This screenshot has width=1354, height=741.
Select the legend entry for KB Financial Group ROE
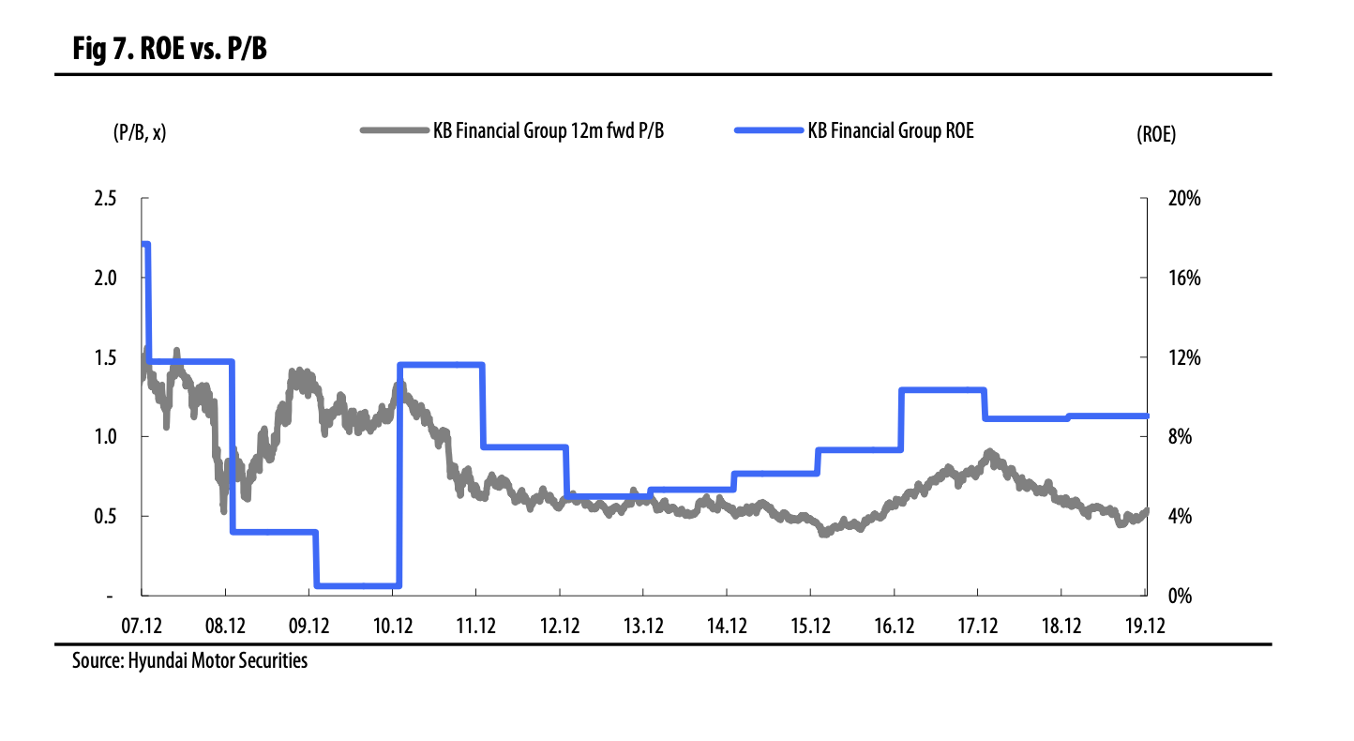855,131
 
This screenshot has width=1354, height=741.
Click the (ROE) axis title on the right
1155,134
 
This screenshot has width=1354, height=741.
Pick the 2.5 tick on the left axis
105,199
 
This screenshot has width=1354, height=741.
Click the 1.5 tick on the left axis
105,357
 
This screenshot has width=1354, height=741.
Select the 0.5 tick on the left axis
105,516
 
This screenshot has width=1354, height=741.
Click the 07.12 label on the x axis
143,626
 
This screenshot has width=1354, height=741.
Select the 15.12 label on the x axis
811,626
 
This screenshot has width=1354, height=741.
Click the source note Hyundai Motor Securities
189,661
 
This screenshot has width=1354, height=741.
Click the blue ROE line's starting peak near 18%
145,245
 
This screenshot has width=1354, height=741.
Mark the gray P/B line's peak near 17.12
990,454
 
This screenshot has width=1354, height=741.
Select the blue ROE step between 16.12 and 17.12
942,390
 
